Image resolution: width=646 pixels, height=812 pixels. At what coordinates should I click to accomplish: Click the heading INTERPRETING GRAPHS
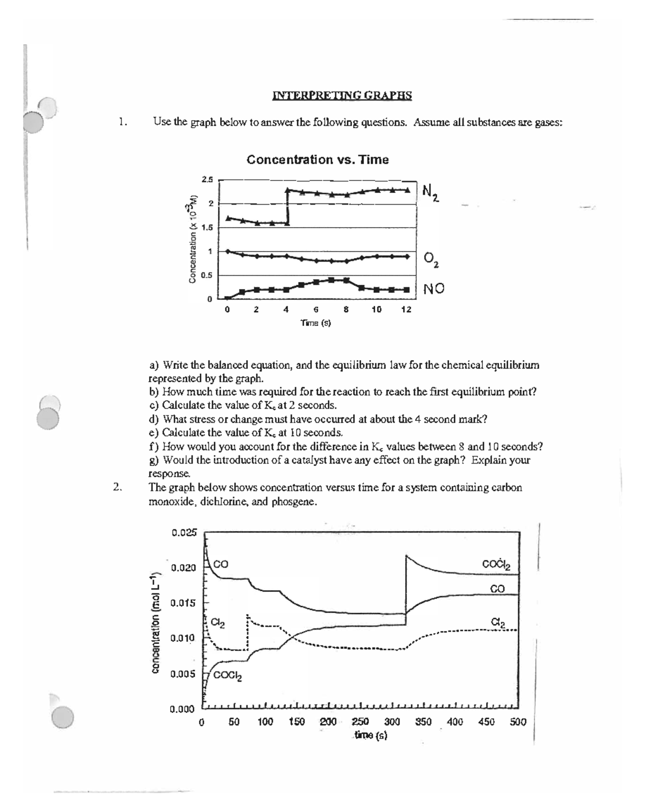point(342,96)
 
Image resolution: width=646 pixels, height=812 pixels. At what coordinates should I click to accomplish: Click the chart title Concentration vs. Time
point(317,159)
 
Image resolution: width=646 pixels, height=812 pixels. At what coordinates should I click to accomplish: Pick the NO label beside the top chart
point(434,289)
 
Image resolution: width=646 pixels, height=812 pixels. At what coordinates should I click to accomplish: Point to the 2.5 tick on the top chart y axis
point(207,179)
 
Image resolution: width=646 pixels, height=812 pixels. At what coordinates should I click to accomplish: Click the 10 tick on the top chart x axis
point(376,310)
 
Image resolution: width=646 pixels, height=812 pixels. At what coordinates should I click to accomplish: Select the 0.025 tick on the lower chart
point(184,533)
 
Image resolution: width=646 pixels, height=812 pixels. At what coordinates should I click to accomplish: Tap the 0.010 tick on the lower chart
point(182,639)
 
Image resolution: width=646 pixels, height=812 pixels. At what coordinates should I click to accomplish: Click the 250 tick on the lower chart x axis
point(360,723)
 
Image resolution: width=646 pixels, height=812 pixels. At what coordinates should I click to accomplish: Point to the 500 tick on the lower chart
point(518,723)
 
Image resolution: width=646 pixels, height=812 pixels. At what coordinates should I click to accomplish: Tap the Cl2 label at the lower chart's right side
point(498,622)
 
